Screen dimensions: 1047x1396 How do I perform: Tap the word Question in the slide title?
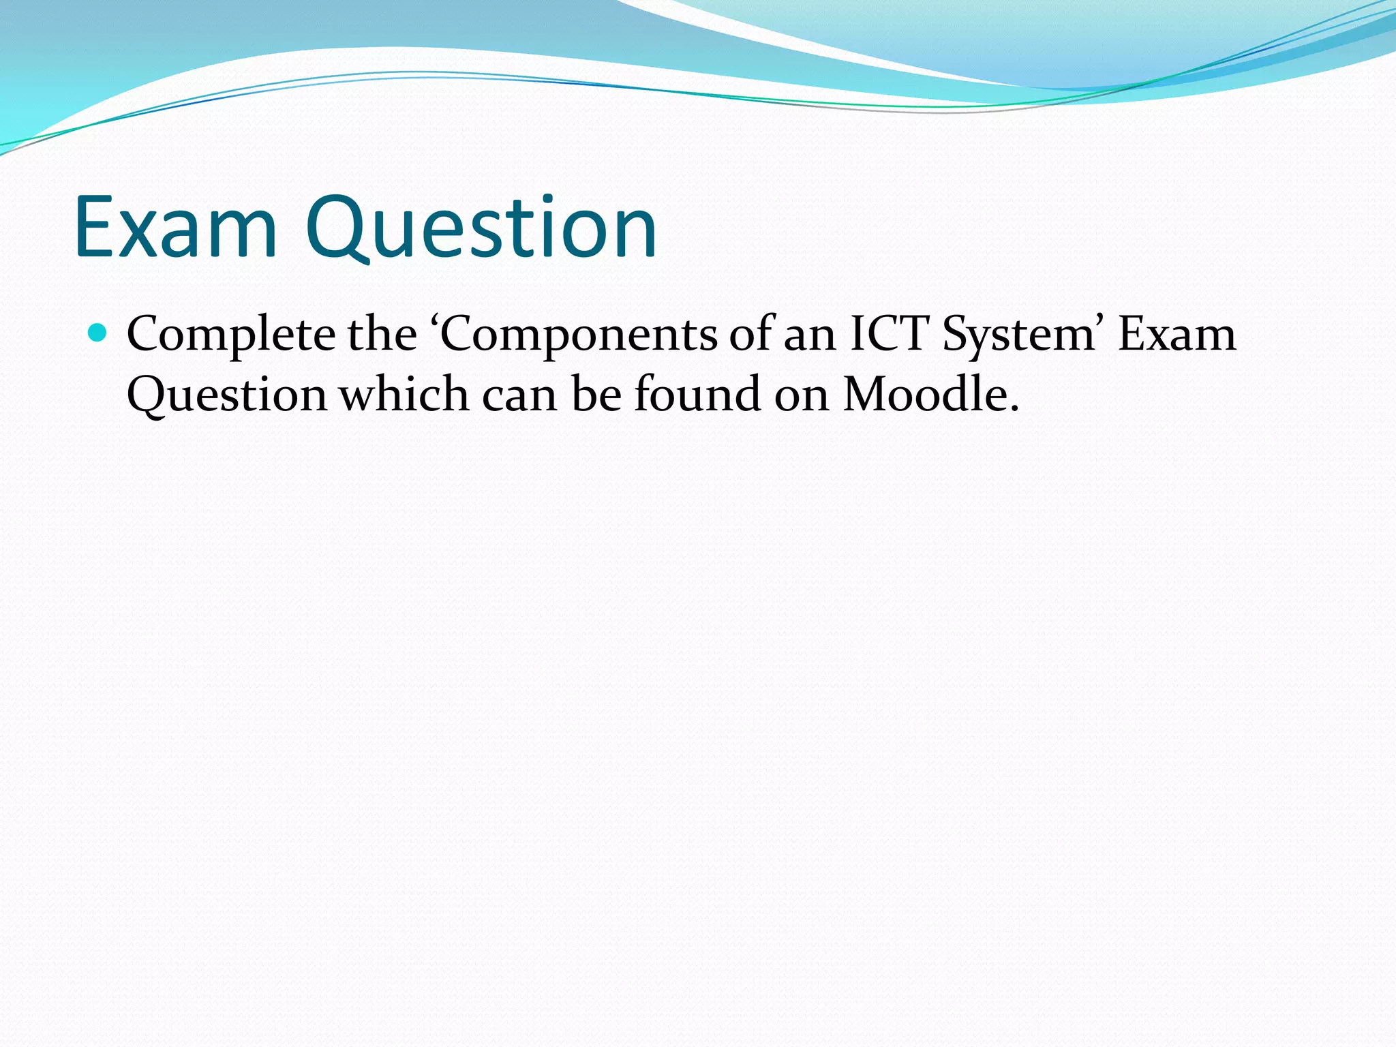click(x=481, y=228)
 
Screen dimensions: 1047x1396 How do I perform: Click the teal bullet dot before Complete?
click(x=99, y=333)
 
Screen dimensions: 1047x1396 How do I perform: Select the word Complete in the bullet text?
click(x=231, y=335)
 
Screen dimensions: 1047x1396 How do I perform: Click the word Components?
click(x=579, y=335)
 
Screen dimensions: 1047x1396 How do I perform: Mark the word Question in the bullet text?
click(x=227, y=395)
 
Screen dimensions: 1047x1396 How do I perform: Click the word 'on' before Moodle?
click(x=802, y=395)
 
